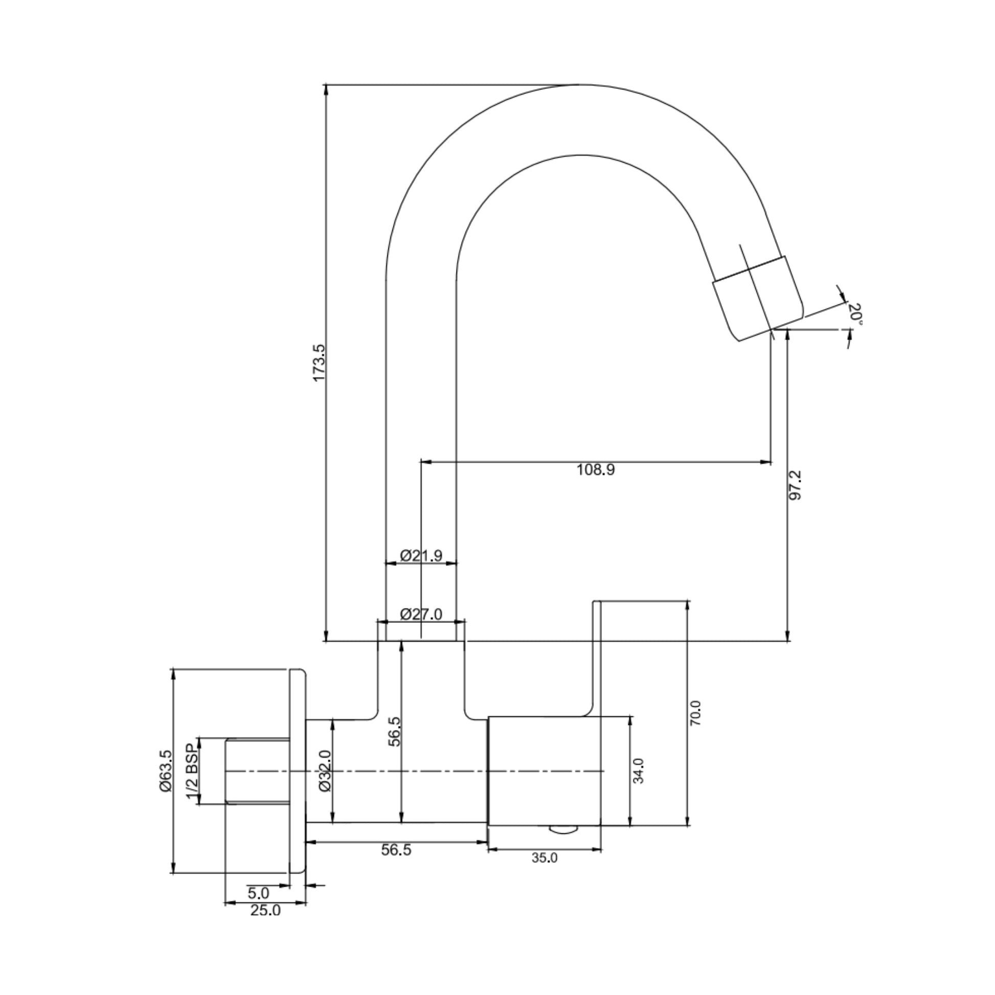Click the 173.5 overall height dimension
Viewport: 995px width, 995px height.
[319, 363]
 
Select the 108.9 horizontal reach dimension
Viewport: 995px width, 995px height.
[595, 470]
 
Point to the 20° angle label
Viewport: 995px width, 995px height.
[855, 313]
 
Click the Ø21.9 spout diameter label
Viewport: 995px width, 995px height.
[421, 556]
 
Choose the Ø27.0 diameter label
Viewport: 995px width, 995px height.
[421, 615]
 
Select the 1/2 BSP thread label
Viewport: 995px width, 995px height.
[192, 771]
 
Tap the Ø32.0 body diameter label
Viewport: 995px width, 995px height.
[325, 771]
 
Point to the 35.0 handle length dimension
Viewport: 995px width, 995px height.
[545, 858]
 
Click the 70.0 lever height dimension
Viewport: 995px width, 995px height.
[696, 713]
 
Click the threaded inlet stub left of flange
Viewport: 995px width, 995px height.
[257, 771]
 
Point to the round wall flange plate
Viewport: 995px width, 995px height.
[297, 771]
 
